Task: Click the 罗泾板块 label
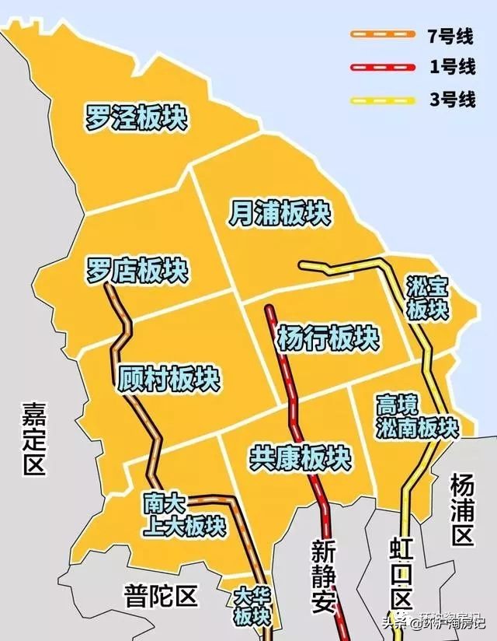point(137,119)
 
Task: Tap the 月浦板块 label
point(280,212)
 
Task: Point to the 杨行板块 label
point(328,338)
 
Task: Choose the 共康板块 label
point(300,457)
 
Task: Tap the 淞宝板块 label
point(428,298)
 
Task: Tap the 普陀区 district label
point(161,597)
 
